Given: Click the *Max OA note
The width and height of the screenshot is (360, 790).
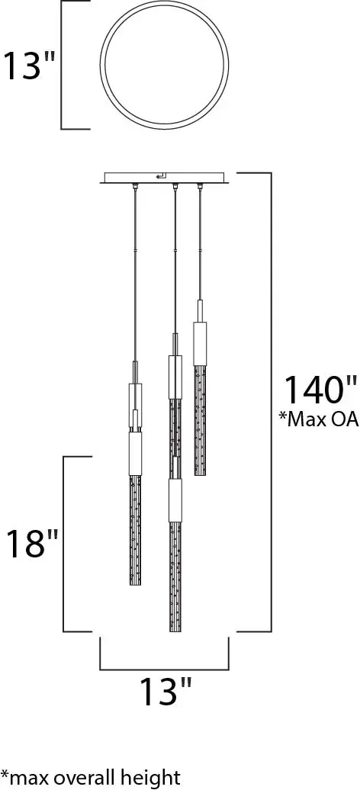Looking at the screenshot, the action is (317, 419).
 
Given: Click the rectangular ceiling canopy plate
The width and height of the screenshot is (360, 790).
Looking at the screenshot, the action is (166, 178).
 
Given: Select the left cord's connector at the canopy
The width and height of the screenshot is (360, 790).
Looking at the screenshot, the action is (135, 188).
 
